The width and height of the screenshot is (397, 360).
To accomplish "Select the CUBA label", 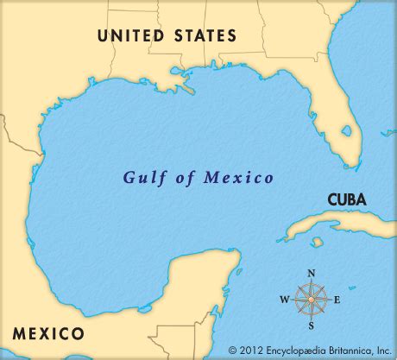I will tap(346, 199).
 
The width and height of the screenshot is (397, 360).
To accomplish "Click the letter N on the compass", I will tap(312, 274).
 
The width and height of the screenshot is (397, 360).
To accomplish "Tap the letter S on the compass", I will tap(312, 329).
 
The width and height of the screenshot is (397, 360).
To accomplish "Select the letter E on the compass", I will tap(338, 301).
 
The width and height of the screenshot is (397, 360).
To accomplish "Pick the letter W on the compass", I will tap(283, 301).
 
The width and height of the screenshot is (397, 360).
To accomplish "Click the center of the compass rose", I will tap(312, 301).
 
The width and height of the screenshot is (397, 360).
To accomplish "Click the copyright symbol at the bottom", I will tap(233, 350).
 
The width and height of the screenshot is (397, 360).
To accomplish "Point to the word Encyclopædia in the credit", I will tap(297, 350).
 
